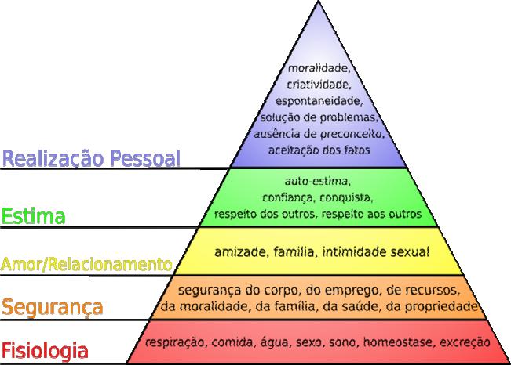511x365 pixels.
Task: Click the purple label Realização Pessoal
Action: (91, 158)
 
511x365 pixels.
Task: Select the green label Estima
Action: (33, 216)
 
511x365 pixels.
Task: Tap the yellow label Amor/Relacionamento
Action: (86, 264)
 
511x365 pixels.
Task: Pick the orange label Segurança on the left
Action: (52, 307)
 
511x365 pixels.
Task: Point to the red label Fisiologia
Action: (45, 352)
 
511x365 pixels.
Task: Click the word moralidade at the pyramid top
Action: (318, 69)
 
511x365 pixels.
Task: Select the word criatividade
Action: (319, 85)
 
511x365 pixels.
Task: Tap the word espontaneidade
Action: (319, 101)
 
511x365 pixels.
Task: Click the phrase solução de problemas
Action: (319, 117)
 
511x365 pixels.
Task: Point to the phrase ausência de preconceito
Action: (319, 134)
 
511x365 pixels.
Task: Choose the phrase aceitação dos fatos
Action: (319, 150)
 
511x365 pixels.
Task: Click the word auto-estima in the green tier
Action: (317, 181)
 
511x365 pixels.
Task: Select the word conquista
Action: (346, 198)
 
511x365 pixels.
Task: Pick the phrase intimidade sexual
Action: (376, 252)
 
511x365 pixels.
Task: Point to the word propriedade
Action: (441, 306)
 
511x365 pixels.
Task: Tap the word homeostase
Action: (399, 342)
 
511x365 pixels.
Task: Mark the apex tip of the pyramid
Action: (318, 2)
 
